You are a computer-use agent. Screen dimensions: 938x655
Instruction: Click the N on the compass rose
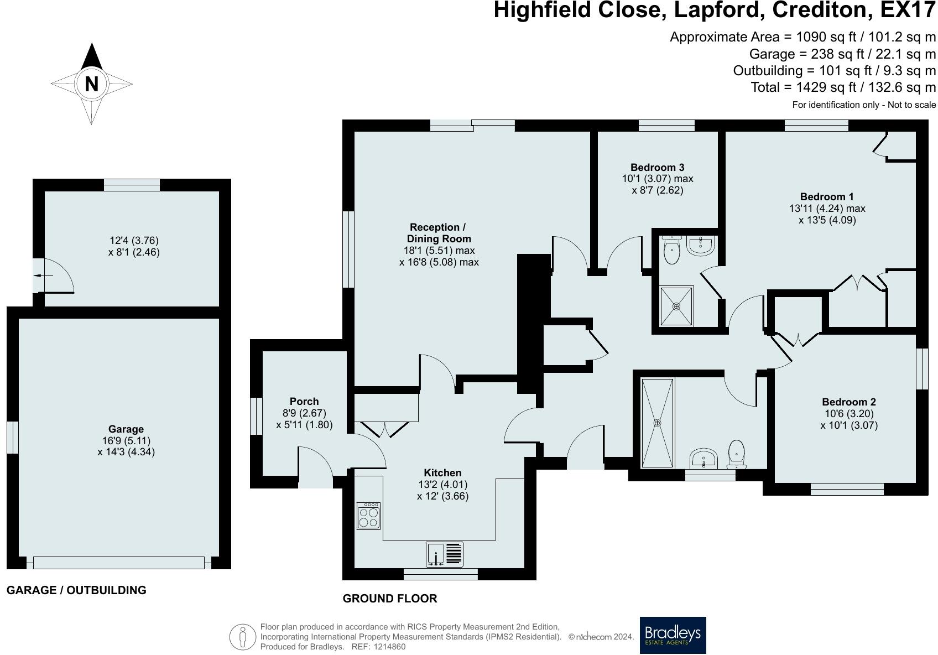(92, 84)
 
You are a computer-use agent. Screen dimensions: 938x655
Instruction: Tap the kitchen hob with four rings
(368, 516)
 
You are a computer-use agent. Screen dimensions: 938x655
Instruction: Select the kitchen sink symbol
(445, 554)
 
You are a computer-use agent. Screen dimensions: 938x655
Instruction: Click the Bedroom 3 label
(658, 167)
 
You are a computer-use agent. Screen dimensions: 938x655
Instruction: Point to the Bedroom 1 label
(827, 196)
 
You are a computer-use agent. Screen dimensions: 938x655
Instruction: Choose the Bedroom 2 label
(849, 402)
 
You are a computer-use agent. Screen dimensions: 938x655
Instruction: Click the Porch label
(304, 401)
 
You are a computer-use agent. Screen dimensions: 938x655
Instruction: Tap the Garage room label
(126, 429)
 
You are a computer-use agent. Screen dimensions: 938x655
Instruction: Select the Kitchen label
(442, 473)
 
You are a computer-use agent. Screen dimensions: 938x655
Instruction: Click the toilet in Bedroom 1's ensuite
(671, 250)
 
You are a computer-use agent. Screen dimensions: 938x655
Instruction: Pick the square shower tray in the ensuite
(676, 306)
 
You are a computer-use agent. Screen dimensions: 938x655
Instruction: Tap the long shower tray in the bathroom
(657, 423)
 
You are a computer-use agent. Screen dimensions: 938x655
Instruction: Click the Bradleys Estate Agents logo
(673, 635)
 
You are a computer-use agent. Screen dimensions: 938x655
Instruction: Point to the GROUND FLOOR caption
(390, 599)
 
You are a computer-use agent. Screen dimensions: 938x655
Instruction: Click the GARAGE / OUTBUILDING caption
(77, 590)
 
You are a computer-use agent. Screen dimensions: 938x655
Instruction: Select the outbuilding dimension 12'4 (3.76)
(134, 241)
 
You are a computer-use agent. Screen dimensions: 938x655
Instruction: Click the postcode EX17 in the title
(908, 10)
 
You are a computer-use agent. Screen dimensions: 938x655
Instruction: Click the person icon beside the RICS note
(242, 637)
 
